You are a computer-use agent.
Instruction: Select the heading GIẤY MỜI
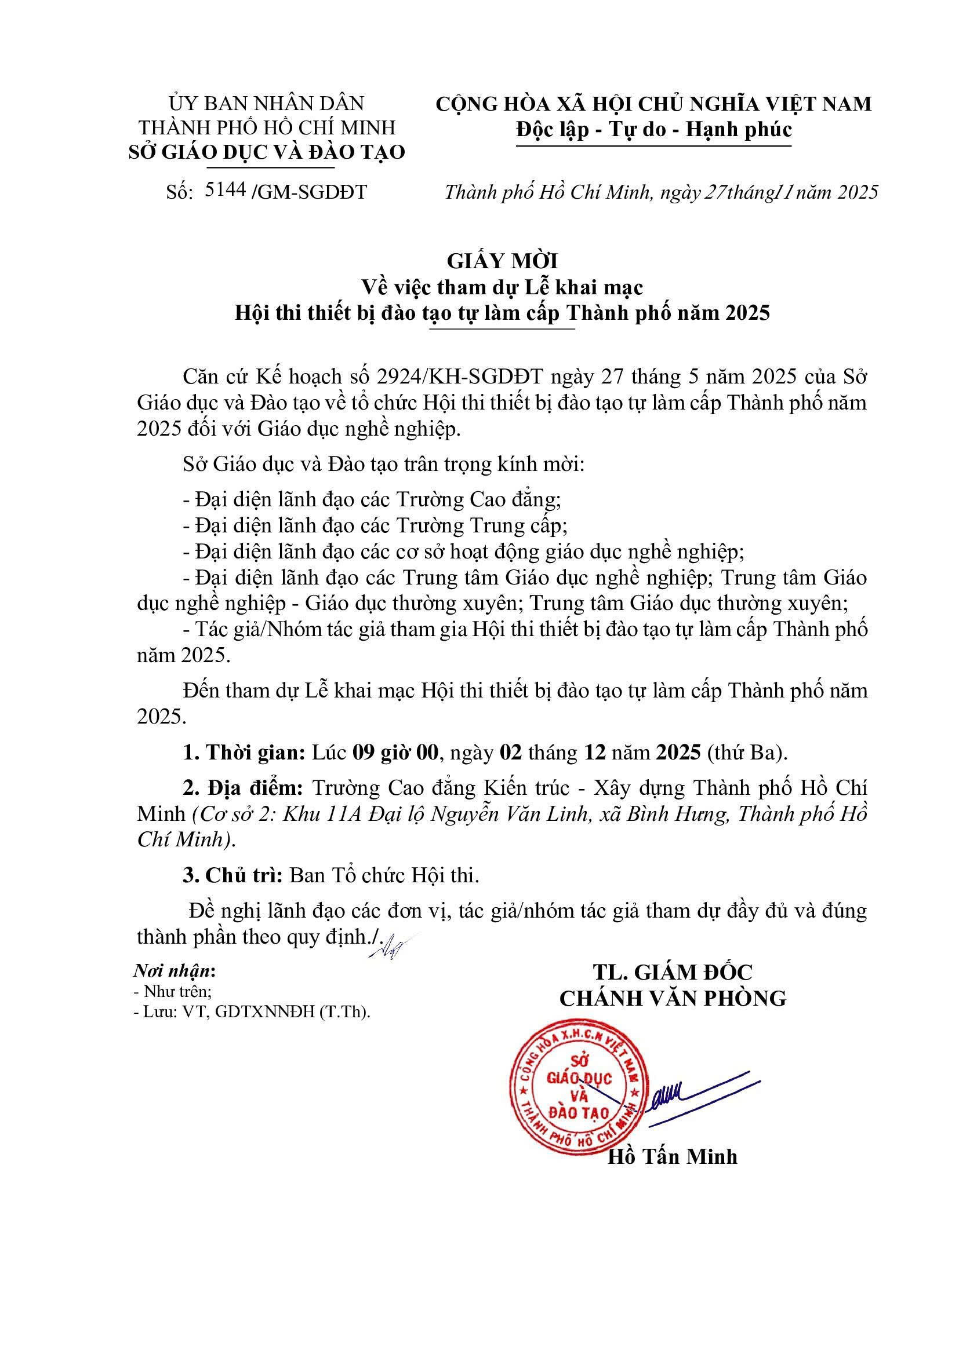tap(503, 261)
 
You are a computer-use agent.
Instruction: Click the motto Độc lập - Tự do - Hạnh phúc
tap(653, 129)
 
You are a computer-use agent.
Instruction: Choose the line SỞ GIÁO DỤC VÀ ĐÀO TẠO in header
tap(267, 152)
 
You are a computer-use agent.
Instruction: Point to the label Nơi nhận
tap(173, 971)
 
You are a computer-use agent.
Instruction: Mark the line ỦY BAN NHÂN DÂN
tap(267, 103)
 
